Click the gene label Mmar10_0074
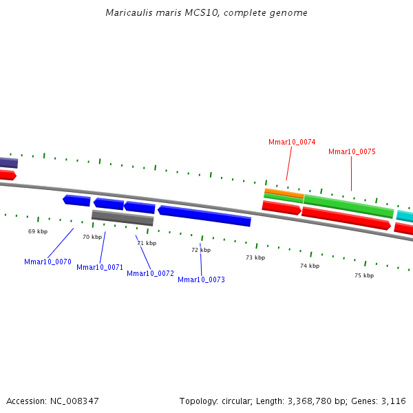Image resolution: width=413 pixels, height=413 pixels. [292, 142]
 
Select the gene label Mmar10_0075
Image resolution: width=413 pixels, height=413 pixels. [352, 151]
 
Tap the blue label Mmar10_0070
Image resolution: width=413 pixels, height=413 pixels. [47, 262]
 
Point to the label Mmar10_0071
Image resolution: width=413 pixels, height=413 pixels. [100, 267]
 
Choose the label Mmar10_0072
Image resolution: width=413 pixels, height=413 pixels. [150, 273]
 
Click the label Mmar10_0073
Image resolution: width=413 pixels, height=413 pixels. [201, 279]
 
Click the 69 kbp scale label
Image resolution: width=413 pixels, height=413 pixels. [38, 231]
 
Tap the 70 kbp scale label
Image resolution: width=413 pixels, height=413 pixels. [92, 237]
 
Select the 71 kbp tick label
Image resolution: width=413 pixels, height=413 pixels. [147, 243]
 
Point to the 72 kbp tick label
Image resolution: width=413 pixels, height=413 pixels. [201, 250]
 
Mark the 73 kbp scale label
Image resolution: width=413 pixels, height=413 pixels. [255, 257]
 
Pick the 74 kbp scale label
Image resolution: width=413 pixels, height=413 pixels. [310, 266]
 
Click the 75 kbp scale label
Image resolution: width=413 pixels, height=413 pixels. [364, 275]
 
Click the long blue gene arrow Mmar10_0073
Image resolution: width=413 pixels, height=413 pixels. [204, 215]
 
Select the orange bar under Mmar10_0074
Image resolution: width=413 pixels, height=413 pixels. [284, 193]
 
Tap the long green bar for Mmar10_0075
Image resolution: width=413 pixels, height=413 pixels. [348, 206]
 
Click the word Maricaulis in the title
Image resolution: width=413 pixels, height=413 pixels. [127, 13]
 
